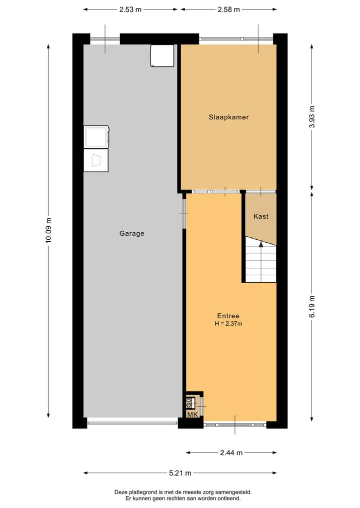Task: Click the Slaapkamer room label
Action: click(228, 117)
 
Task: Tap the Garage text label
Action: click(131, 233)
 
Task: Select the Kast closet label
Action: click(261, 216)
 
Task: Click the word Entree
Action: click(228, 316)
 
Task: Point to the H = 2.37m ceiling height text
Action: click(228, 323)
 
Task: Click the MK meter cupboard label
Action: click(192, 415)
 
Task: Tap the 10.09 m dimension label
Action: click(48, 231)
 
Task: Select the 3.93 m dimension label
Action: click(311, 117)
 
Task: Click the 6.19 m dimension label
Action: click(311, 307)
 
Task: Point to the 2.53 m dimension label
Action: click(130, 9)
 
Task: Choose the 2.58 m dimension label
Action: click(228, 9)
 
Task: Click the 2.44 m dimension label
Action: click(231, 453)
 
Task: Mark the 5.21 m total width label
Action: click(180, 473)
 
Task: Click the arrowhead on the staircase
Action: click(261, 244)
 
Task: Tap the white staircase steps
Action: click(261, 261)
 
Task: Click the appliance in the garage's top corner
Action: click(162, 56)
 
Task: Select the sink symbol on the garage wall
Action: click(96, 160)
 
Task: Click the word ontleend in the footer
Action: click(229, 499)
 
